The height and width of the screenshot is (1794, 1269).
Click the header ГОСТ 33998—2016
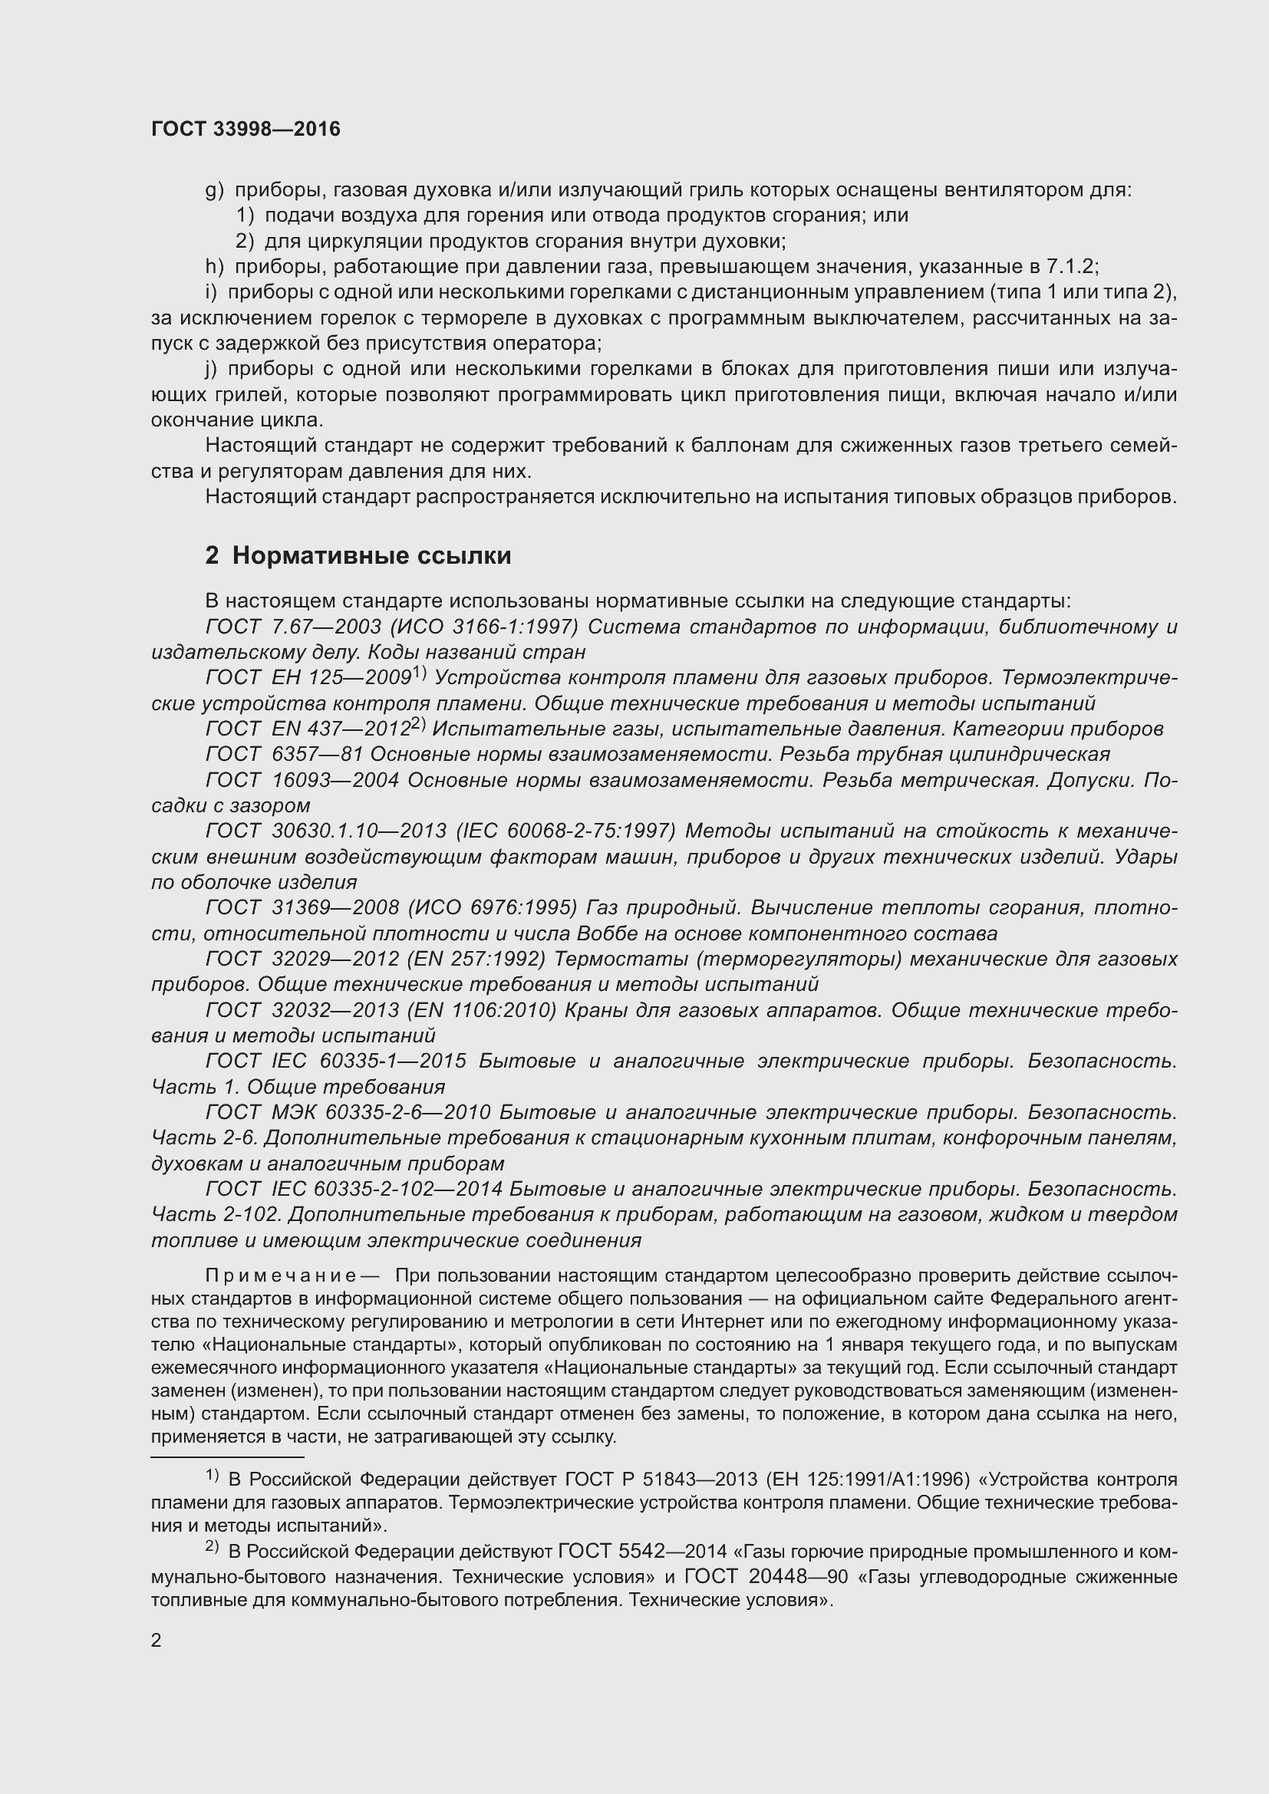[246, 129]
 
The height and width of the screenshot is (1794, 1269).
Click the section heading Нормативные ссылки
[371, 555]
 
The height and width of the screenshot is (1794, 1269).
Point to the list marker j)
[211, 369]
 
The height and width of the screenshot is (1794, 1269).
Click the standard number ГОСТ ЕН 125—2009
[308, 677]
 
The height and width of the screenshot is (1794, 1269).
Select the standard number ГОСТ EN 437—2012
[308, 728]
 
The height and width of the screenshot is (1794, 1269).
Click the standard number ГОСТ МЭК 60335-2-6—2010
[348, 1112]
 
